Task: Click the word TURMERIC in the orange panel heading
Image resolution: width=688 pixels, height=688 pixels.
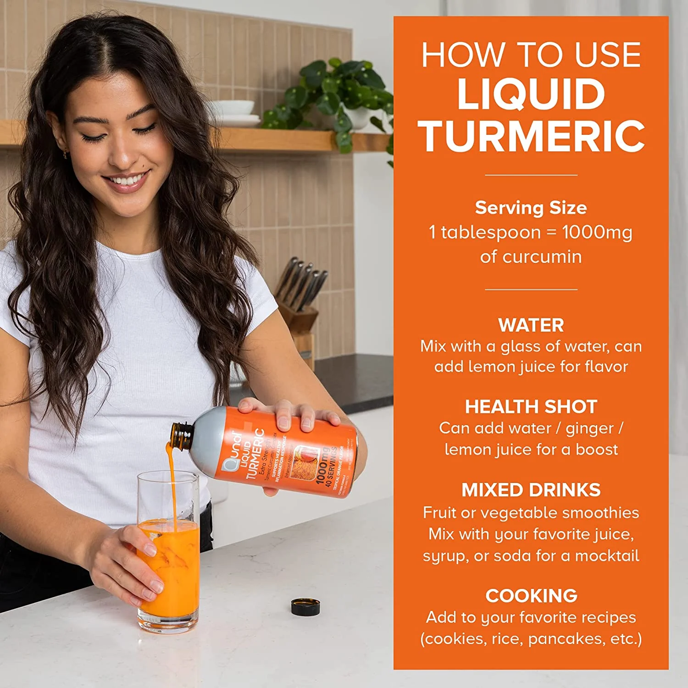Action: (x=531, y=136)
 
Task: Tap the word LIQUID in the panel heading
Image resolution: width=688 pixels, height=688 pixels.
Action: (x=531, y=94)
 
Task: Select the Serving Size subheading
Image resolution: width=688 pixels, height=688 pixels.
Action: (x=531, y=208)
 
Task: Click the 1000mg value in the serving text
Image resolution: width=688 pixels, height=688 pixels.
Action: (x=597, y=233)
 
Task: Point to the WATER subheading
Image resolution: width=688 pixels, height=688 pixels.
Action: (x=531, y=325)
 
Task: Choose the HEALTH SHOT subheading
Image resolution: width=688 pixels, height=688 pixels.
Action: (x=531, y=407)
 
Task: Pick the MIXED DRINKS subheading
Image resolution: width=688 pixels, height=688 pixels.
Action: (x=531, y=490)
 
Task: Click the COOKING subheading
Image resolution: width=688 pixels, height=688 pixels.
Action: (x=531, y=596)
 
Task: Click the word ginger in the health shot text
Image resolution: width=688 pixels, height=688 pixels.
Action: (x=589, y=429)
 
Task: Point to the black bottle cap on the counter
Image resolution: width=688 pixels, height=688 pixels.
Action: (x=305, y=606)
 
